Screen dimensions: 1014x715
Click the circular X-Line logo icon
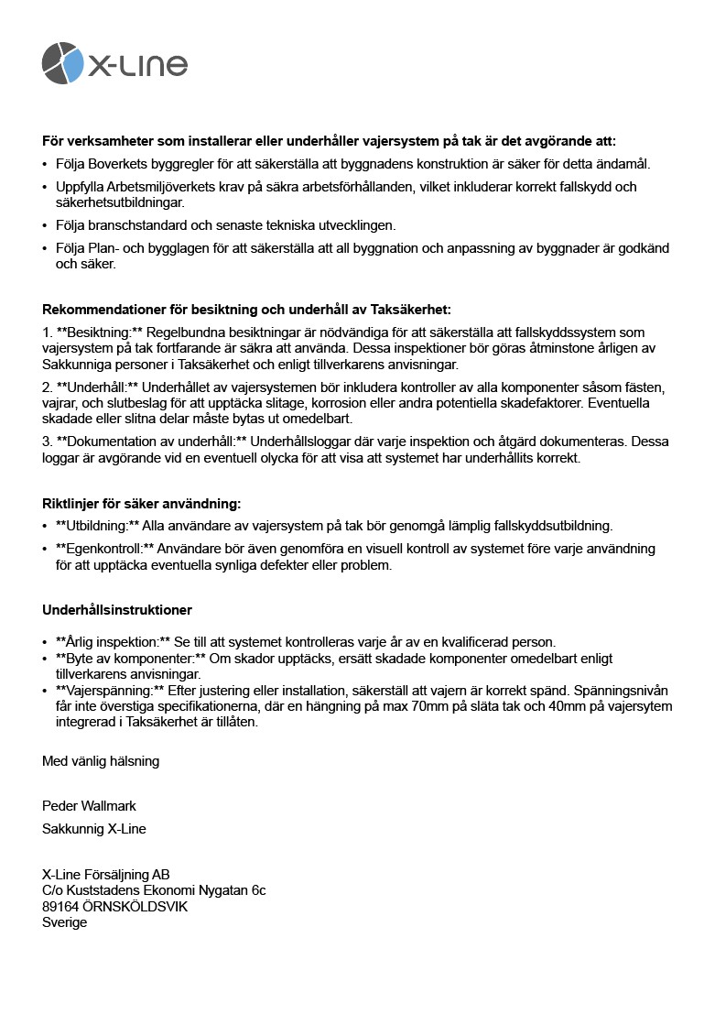[x=63, y=62]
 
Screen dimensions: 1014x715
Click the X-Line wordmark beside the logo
[x=137, y=64]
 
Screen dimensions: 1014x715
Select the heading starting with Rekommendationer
[x=246, y=310]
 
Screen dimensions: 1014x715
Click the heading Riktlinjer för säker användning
[x=141, y=504]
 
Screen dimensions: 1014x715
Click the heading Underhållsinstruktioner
[x=117, y=610]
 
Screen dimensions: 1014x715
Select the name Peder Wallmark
[x=89, y=806]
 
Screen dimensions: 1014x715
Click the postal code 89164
[x=60, y=906]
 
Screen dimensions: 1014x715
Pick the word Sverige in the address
[x=65, y=922]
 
